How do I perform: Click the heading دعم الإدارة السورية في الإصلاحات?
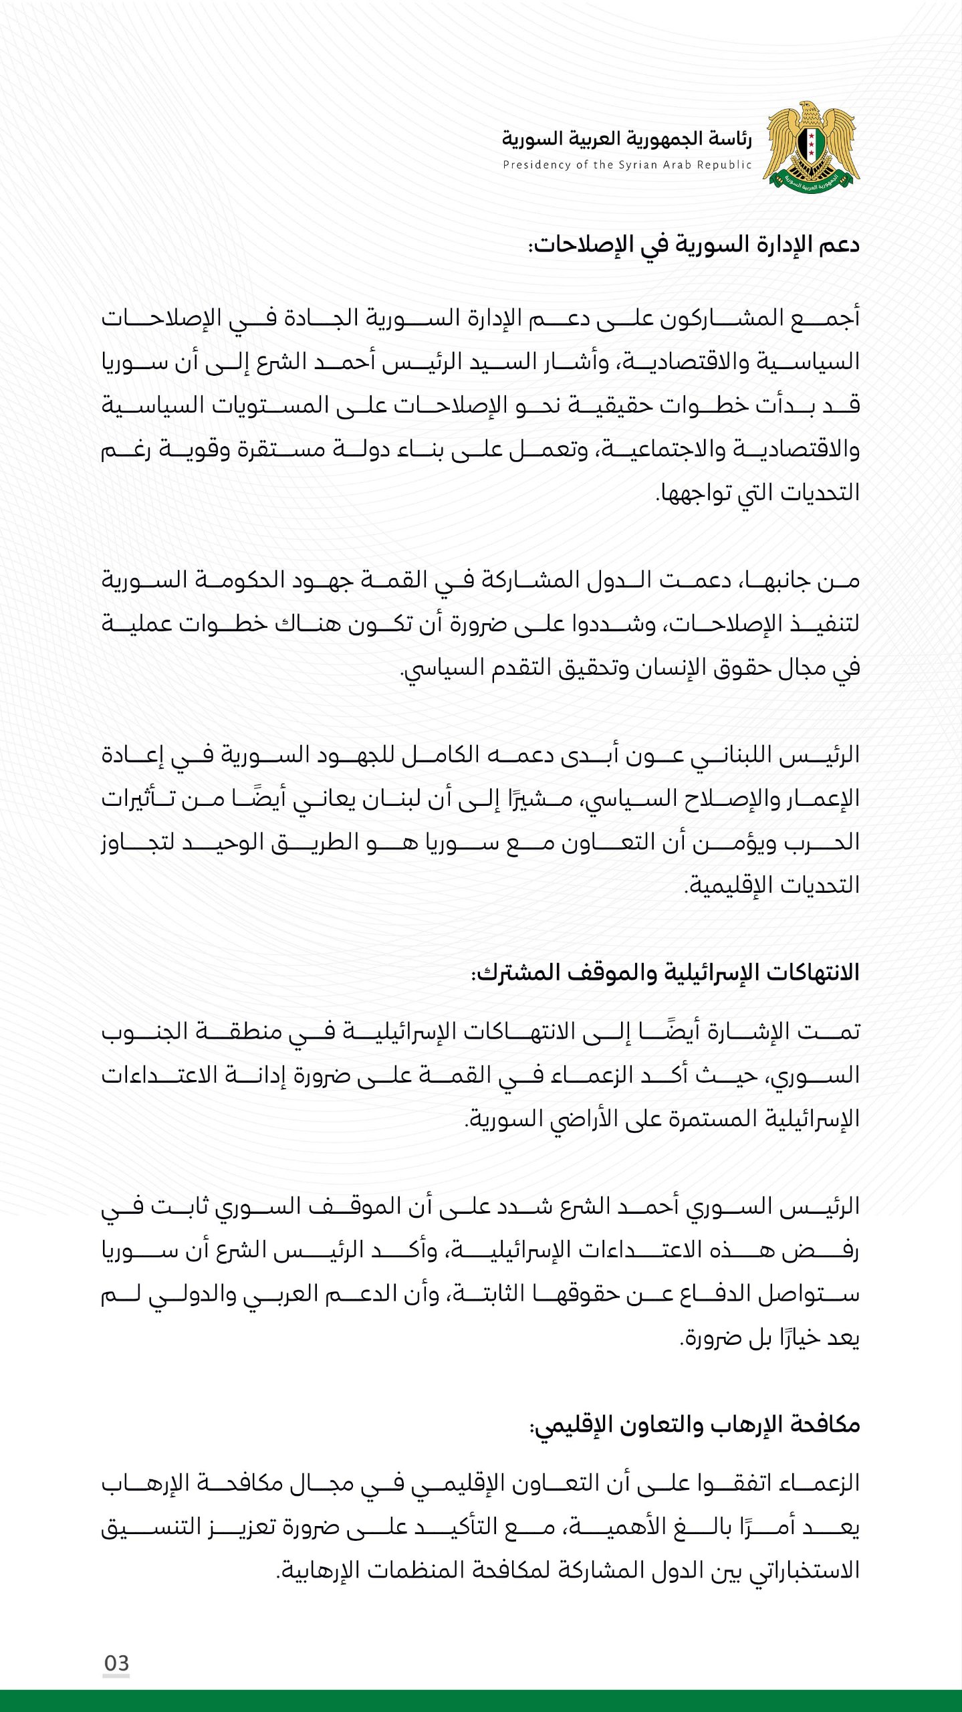(x=694, y=245)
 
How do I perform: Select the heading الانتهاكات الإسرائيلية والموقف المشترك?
(x=665, y=973)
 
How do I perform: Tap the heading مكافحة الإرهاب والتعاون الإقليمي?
(x=695, y=1425)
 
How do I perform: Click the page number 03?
(x=116, y=1663)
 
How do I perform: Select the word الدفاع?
(x=695, y=1294)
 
